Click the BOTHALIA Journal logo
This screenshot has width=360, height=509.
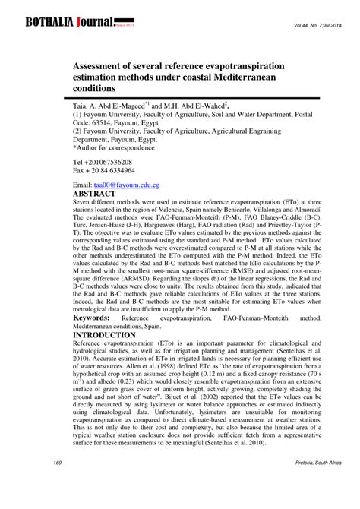click(x=70, y=22)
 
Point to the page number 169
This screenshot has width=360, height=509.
click(x=58, y=483)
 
